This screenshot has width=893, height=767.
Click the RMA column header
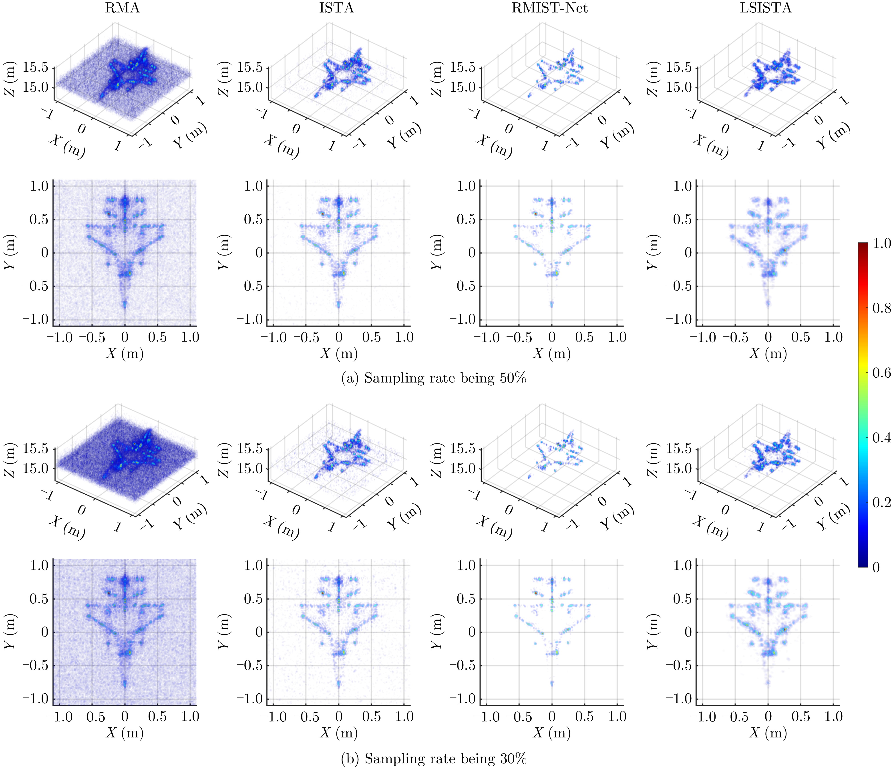pos(123,8)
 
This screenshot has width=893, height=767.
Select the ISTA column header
pos(337,8)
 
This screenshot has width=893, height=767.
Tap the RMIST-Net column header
pos(549,8)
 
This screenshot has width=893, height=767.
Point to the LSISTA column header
pos(766,8)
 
